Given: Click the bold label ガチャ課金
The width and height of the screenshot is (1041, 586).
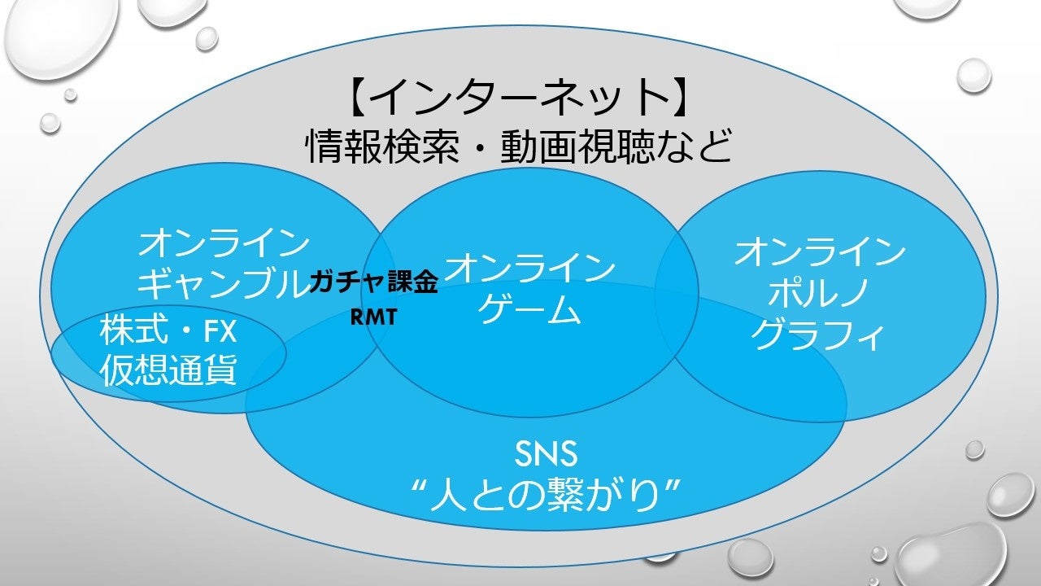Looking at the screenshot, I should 374,284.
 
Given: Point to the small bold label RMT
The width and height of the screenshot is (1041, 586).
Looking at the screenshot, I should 374,317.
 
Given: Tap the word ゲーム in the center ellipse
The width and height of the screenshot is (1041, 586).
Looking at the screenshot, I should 529,310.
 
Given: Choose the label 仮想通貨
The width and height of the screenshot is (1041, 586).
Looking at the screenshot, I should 169,370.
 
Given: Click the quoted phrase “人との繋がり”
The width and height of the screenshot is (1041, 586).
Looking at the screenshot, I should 546,493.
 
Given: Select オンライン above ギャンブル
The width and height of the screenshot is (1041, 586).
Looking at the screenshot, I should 224,243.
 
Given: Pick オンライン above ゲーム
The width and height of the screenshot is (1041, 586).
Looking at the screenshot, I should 529,268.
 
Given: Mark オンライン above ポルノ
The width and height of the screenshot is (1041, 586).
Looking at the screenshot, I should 820,253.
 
